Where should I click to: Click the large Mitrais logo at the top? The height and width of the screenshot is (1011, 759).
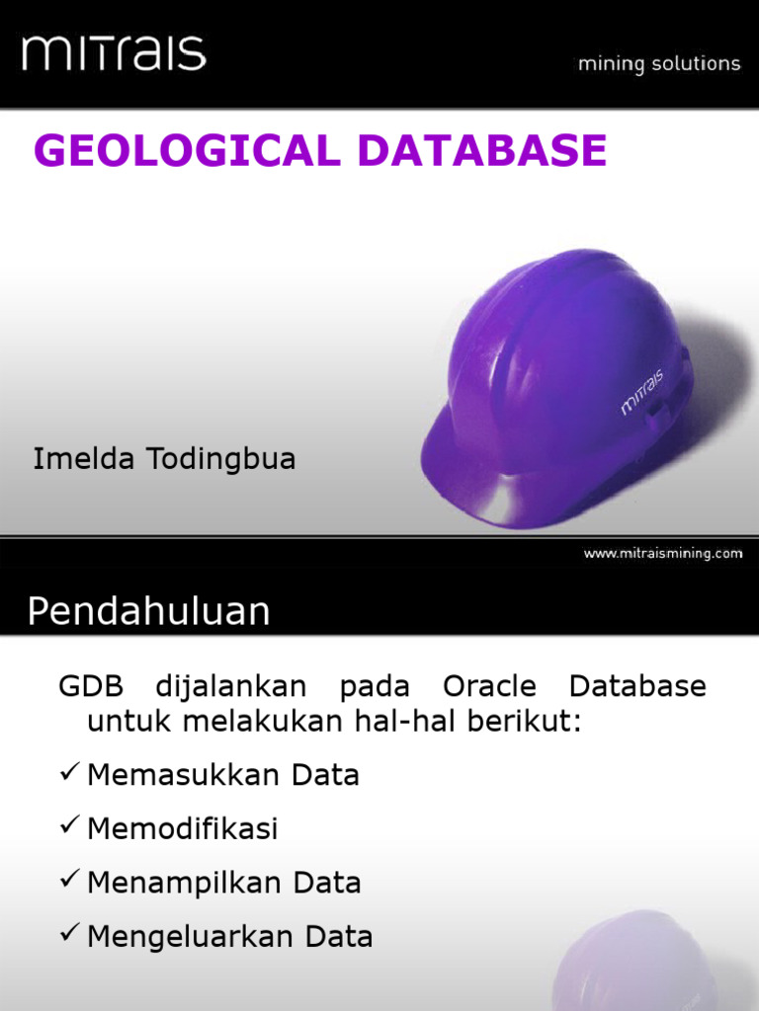coord(114,52)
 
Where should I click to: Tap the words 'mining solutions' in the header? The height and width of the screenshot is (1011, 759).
coord(658,64)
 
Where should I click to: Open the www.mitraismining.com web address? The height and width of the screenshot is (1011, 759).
coord(662,554)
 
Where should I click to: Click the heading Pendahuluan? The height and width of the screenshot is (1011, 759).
coord(148,612)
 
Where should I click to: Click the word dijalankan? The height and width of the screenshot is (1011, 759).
coord(231,687)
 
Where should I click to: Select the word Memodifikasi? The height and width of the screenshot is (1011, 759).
coord(183,829)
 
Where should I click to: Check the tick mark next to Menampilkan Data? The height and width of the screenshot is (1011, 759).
coord(68,881)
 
